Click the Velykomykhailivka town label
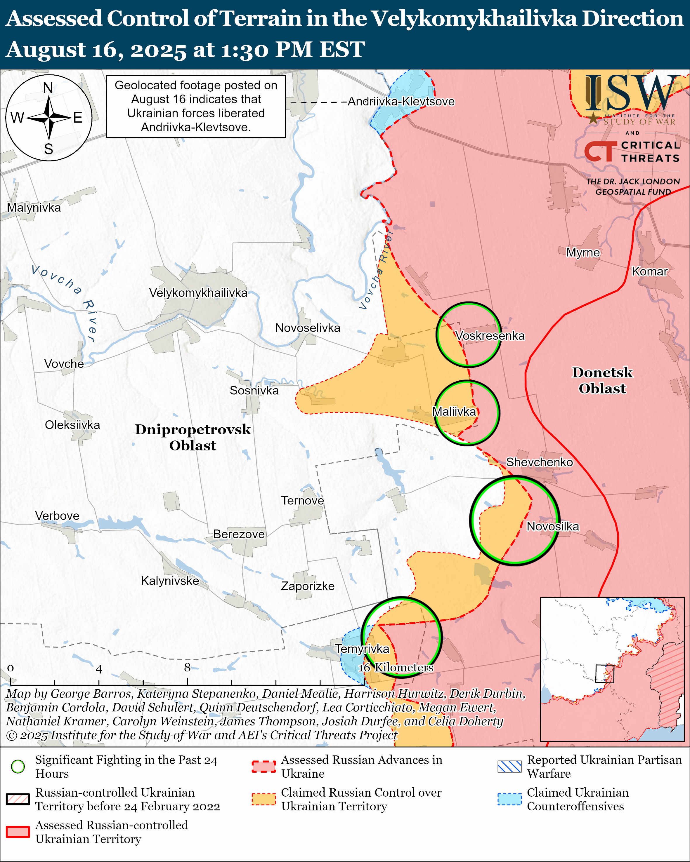tap(198, 293)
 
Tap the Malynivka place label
tap(34, 208)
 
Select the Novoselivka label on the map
tap(308, 328)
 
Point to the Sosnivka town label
tap(254, 391)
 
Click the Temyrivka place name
tap(362, 649)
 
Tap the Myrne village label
tap(583, 253)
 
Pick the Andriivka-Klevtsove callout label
tap(401, 102)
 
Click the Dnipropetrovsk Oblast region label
tap(193, 437)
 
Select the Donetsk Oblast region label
tap(602, 380)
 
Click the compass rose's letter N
tap(48, 88)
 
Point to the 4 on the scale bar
tap(99, 669)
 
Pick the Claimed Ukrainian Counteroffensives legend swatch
tap(509, 799)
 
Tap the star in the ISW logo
tap(593, 118)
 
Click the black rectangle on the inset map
tap(604, 674)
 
